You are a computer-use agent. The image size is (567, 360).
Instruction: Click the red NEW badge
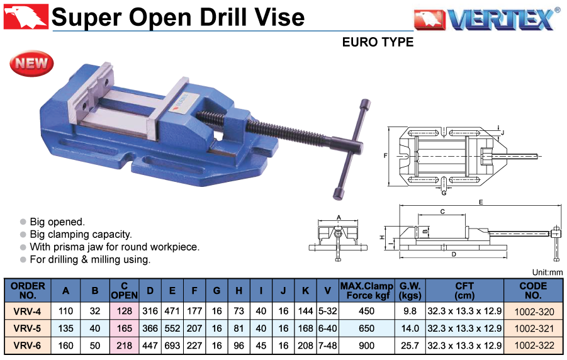[x=31, y=64]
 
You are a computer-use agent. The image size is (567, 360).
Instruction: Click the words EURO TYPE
[x=378, y=42]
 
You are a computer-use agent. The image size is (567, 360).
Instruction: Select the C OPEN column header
[x=124, y=291]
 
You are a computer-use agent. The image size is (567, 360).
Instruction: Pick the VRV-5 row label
[x=27, y=328]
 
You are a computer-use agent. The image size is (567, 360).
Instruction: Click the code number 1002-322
[x=534, y=346]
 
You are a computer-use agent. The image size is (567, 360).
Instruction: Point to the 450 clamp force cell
[x=366, y=311]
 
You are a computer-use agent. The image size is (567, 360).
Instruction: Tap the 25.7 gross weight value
[x=410, y=346]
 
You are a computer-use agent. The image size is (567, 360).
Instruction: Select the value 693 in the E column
[x=172, y=346]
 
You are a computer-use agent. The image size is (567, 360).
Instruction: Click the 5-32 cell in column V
[x=328, y=311]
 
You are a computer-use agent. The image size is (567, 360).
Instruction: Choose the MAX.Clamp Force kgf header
[x=366, y=291]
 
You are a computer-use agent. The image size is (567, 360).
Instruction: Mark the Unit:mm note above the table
[x=547, y=273]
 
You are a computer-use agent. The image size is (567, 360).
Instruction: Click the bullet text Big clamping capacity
[x=81, y=235]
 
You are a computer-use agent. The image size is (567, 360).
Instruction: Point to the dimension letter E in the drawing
[x=481, y=202]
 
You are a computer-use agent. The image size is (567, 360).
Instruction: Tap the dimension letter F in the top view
[x=386, y=156]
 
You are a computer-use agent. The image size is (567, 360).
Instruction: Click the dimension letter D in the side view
[x=454, y=254]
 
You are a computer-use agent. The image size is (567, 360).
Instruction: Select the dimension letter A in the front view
[x=339, y=217]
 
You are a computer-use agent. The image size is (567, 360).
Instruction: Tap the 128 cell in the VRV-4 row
[x=124, y=311]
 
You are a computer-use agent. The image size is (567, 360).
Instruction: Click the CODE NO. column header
[x=533, y=291]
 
